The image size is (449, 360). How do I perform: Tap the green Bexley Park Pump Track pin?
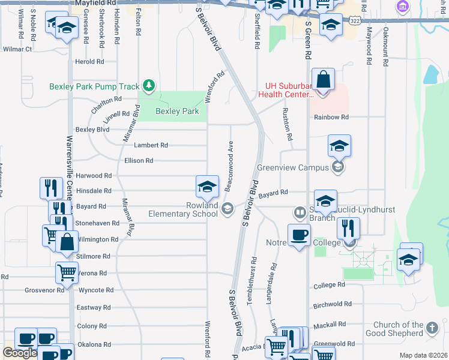148,86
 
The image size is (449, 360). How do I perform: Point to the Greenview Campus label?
292,167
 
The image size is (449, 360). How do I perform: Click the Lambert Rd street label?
151,145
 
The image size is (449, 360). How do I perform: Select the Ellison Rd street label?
139,161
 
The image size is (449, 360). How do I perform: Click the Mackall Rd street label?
330,324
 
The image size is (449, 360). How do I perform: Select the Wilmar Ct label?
17,49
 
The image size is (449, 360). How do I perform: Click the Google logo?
20,353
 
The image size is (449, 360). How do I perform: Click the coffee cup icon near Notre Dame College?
298,235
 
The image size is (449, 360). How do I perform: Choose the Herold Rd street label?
90,62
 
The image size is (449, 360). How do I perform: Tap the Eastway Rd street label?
94,307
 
